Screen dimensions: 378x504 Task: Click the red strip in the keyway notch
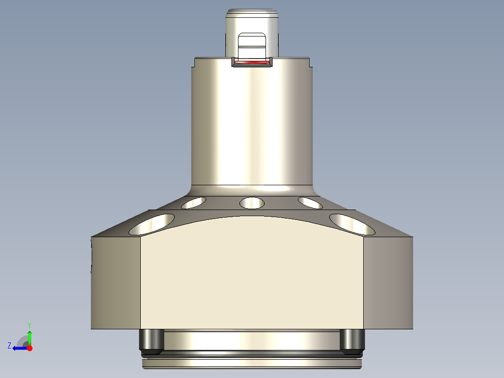click(252, 62)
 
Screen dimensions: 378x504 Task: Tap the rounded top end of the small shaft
click(252, 13)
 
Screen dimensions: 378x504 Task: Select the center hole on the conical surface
click(252, 203)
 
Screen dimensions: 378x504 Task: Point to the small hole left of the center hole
click(194, 203)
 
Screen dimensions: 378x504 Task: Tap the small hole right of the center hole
click(310, 203)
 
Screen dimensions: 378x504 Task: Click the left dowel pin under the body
click(151, 340)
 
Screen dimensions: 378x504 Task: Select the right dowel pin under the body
click(352, 340)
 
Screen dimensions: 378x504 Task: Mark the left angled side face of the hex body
click(115, 283)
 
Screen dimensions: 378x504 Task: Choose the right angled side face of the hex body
click(389, 283)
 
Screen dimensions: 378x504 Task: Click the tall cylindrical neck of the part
click(252, 126)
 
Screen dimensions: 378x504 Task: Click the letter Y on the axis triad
click(29, 324)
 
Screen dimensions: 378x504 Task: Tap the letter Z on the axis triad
click(9, 345)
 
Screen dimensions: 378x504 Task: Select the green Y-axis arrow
click(29, 337)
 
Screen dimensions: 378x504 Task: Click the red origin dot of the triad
click(29, 348)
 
